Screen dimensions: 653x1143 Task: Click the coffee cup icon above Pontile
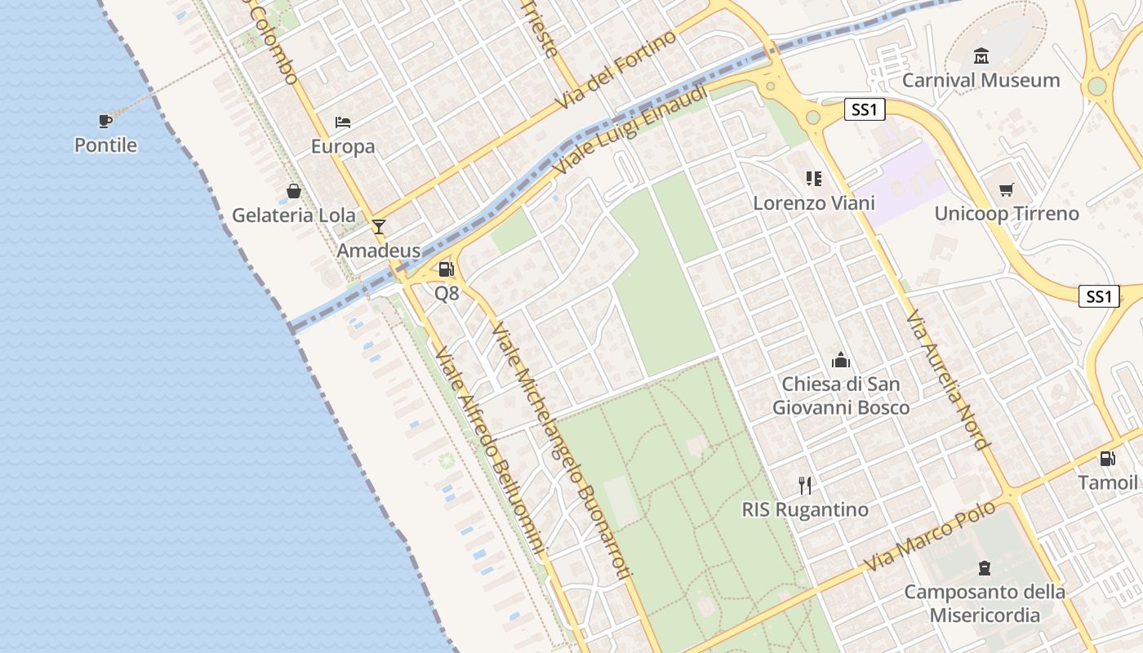(x=105, y=121)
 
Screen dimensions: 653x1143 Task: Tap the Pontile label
(x=105, y=145)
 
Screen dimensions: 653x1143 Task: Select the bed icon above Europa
(x=343, y=122)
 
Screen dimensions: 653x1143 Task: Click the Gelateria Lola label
(x=294, y=215)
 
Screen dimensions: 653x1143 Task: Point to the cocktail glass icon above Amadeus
(x=379, y=226)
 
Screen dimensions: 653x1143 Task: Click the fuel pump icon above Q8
(x=446, y=269)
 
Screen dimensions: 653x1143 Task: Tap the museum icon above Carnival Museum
(x=981, y=56)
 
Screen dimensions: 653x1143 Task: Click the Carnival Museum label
(x=981, y=80)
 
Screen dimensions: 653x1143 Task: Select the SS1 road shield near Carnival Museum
(x=865, y=109)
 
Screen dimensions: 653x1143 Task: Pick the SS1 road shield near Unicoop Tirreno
(x=1099, y=296)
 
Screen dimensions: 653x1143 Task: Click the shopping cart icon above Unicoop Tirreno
(x=1007, y=189)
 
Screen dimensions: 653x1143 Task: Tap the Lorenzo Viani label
(x=814, y=202)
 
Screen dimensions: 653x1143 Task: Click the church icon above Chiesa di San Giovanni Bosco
(x=841, y=359)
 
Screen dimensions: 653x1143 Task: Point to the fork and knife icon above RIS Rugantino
(x=805, y=485)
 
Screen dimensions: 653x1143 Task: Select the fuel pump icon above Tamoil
(x=1107, y=459)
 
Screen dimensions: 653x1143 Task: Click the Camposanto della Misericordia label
(x=985, y=603)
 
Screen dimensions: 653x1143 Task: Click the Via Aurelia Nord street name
(x=948, y=380)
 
